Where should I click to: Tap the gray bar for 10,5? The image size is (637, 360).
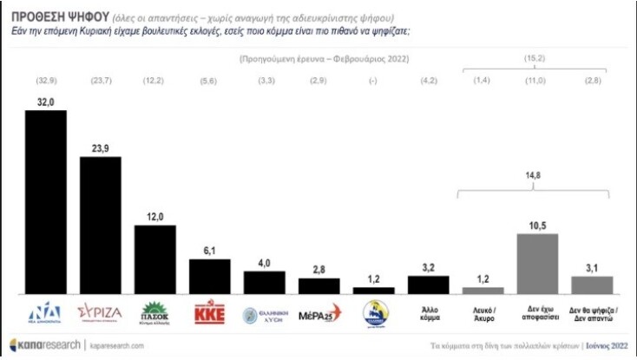tap(538, 264)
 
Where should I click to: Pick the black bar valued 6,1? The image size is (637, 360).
tap(210, 277)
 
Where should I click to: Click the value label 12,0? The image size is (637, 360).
tap(155, 217)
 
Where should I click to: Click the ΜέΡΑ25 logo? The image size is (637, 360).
tap(319, 315)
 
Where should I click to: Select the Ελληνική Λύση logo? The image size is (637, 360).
tap(265, 315)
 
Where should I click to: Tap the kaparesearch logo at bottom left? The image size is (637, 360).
tap(44, 344)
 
